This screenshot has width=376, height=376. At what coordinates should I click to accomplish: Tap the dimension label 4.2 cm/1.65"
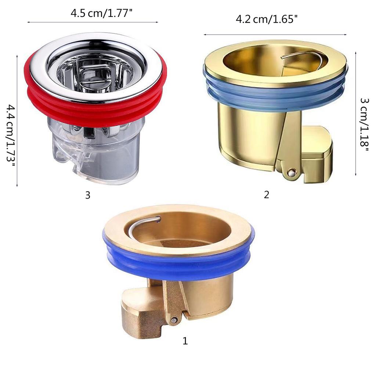click(x=266, y=19)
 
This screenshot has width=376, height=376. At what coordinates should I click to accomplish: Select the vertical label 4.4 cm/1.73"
click(x=10, y=135)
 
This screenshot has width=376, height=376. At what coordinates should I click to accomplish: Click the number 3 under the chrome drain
click(x=88, y=195)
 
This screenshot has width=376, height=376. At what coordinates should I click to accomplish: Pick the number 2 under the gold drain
click(x=267, y=195)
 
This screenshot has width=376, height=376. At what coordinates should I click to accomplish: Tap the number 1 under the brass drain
click(x=185, y=341)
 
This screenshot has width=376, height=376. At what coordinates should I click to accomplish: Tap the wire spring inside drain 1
click(x=143, y=223)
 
